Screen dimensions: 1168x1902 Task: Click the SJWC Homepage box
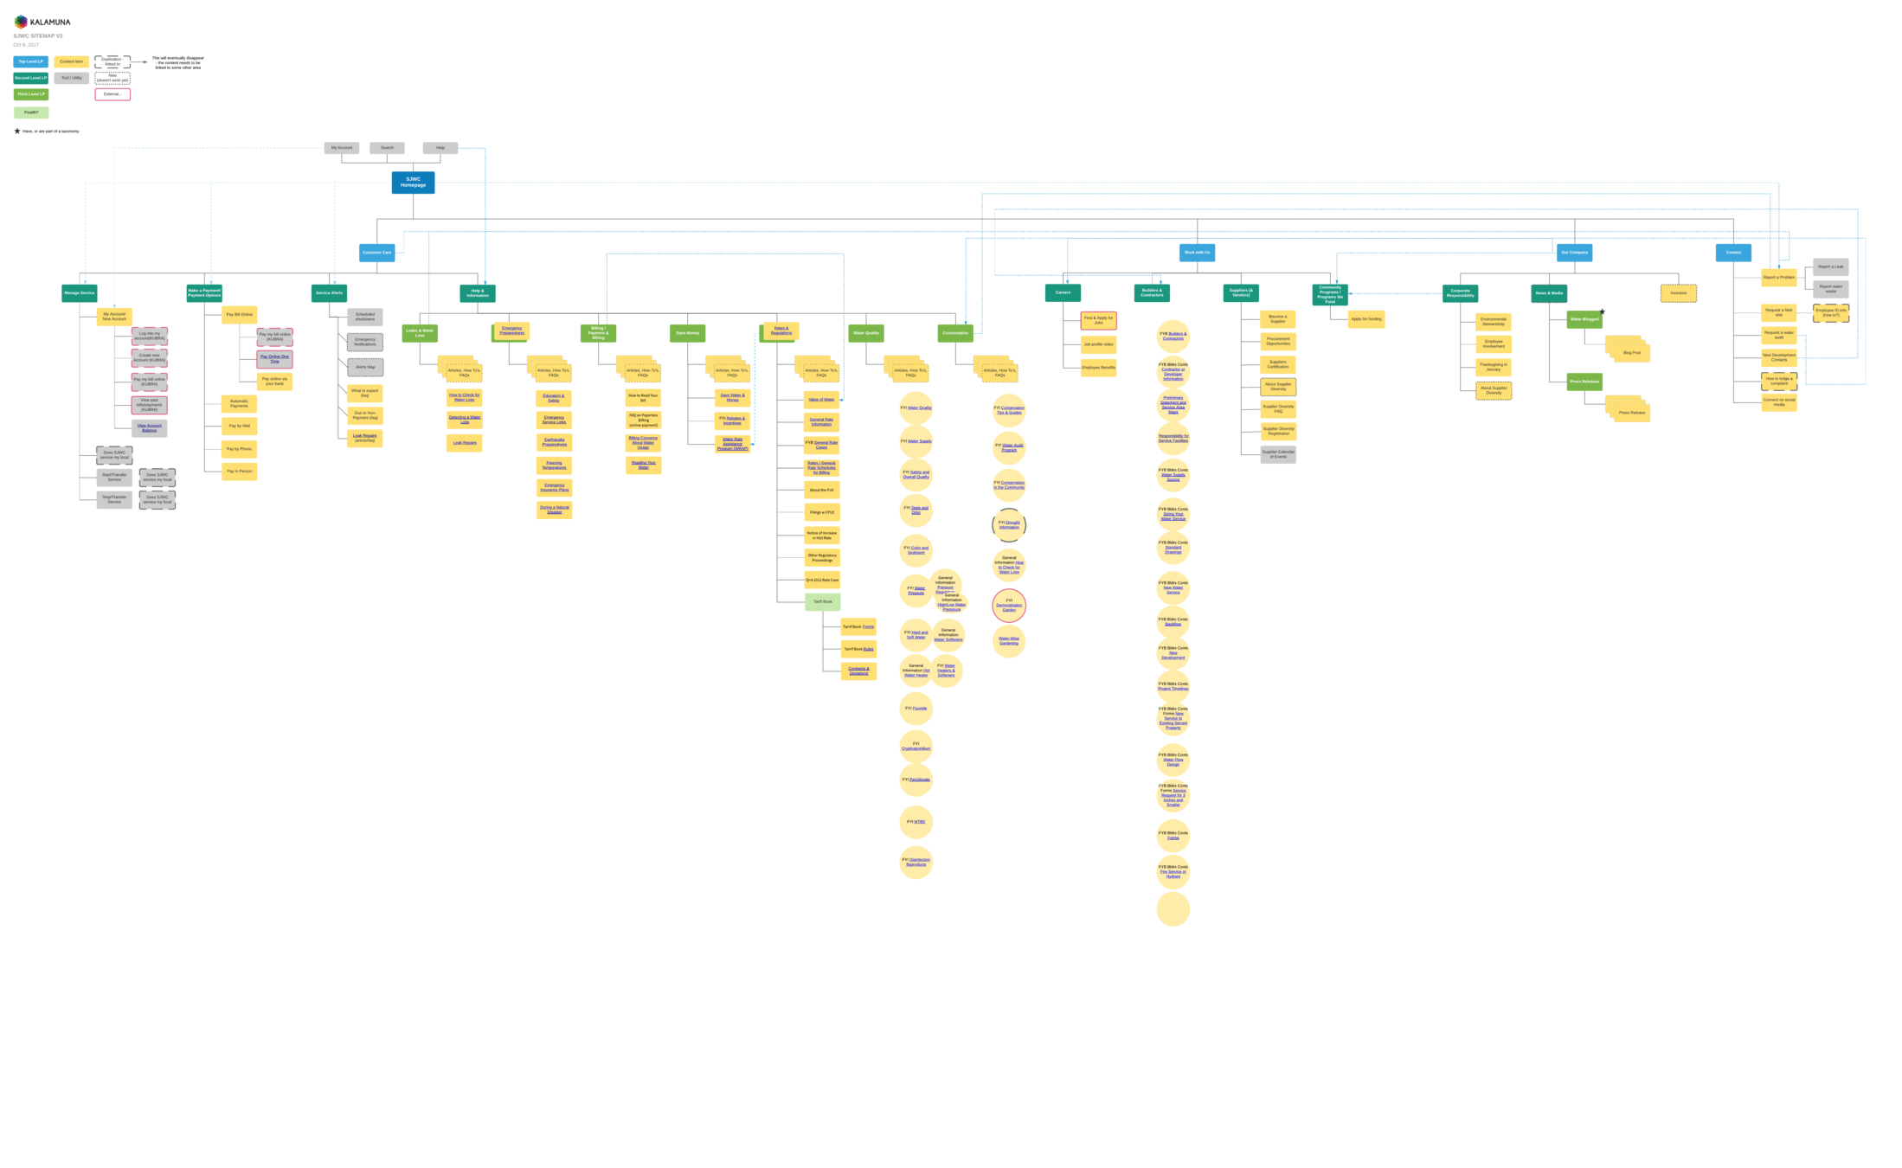point(413,183)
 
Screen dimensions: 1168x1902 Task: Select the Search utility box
point(387,148)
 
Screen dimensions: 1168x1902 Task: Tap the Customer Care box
point(376,253)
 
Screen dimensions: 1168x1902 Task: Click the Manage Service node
point(79,293)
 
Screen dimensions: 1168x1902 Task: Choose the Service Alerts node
point(329,293)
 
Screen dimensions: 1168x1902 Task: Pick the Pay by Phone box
point(239,449)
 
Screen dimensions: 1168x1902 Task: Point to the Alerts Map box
point(365,367)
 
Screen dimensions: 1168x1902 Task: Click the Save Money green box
point(687,333)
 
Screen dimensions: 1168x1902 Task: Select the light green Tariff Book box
point(822,601)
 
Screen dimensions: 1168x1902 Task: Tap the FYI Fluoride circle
point(916,709)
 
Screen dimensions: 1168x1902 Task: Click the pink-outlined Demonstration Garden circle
point(1009,606)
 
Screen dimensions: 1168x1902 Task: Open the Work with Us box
point(1197,253)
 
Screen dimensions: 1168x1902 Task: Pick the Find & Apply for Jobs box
point(1098,320)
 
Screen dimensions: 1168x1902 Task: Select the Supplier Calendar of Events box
point(1278,454)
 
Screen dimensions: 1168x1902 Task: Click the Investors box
point(1678,293)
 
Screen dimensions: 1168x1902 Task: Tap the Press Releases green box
point(1584,382)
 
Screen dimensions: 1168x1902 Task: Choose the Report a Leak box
point(1830,266)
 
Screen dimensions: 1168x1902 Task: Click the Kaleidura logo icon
point(21,22)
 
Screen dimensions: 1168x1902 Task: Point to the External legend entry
point(112,94)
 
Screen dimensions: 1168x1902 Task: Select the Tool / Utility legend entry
point(72,78)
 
